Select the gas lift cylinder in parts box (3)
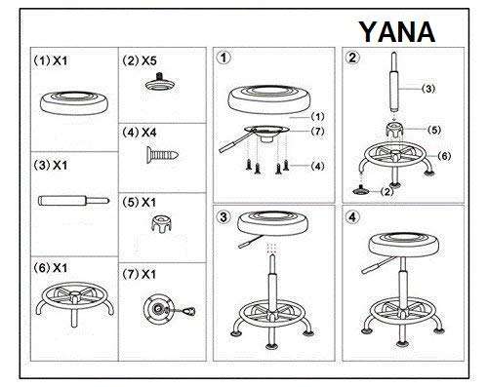pos(72,202)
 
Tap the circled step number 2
pos(353,58)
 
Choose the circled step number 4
pos(353,216)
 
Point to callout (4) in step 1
pos(317,166)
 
